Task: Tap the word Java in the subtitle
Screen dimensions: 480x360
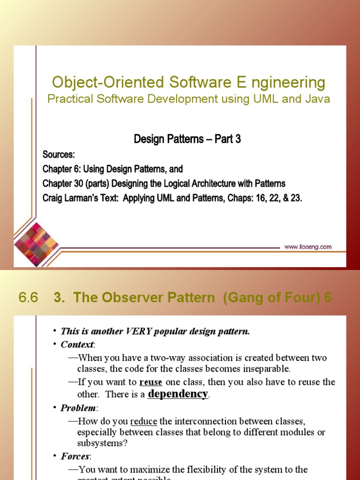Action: pyautogui.click(x=319, y=99)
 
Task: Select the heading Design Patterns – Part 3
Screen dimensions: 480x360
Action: pyautogui.click(x=187, y=139)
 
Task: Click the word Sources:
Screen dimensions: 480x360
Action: pyautogui.click(x=59, y=154)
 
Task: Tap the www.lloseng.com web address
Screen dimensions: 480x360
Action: pyautogui.click(x=308, y=247)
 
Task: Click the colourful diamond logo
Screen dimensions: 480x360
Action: pyautogui.click(x=36, y=240)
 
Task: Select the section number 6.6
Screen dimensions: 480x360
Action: pyautogui.click(x=28, y=298)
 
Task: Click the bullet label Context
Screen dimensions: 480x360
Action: pyautogui.click(x=77, y=345)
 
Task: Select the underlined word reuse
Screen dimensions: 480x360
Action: pyautogui.click(x=151, y=382)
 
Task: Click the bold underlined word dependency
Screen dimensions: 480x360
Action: pyautogui.click(x=178, y=394)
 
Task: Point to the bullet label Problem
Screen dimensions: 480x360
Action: pyautogui.click(x=78, y=408)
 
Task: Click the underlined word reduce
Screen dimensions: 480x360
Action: pyautogui.click(x=143, y=421)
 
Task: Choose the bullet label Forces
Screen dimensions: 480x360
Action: pyautogui.click(x=75, y=456)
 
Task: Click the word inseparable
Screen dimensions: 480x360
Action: pyautogui.click(x=263, y=368)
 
